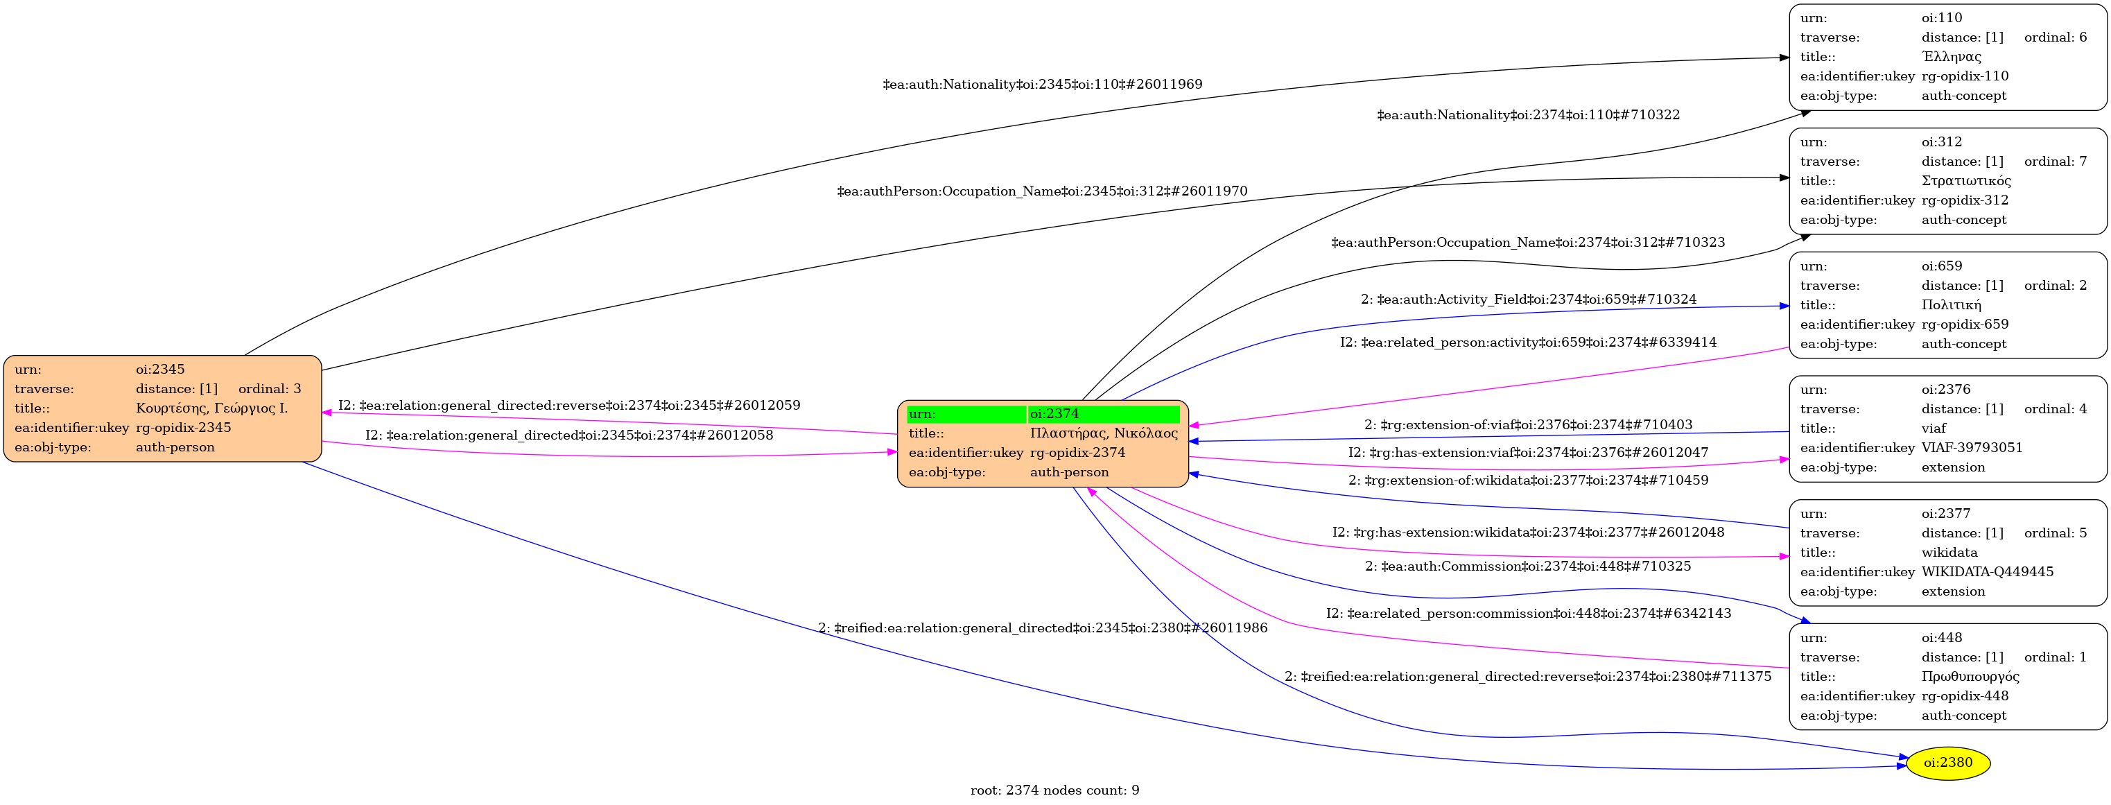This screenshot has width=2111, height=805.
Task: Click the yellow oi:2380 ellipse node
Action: [x=1947, y=763]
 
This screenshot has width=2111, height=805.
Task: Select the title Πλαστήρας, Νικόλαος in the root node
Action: [x=1103, y=433]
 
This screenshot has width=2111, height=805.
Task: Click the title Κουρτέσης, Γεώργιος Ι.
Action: [x=211, y=408]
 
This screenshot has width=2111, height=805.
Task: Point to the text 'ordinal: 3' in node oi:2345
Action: [x=270, y=388]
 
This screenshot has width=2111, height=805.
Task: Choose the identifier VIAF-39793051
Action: [x=1972, y=448]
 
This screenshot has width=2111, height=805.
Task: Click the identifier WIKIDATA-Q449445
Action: [x=1988, y=572]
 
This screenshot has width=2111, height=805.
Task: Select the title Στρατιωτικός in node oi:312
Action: [x=1966, y=181]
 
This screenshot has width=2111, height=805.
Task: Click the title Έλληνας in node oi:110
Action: [x=1951, y=57]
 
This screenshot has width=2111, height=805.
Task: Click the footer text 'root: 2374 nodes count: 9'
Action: [x=1054, y=790]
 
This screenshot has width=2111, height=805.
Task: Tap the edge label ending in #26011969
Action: [x=1043, y=85]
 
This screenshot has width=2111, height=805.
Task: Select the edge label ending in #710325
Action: [x=1527, y=566]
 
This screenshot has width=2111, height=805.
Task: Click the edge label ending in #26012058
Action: [x=568, y=435]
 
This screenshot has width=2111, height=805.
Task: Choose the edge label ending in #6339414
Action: [x=1527, y=343]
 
